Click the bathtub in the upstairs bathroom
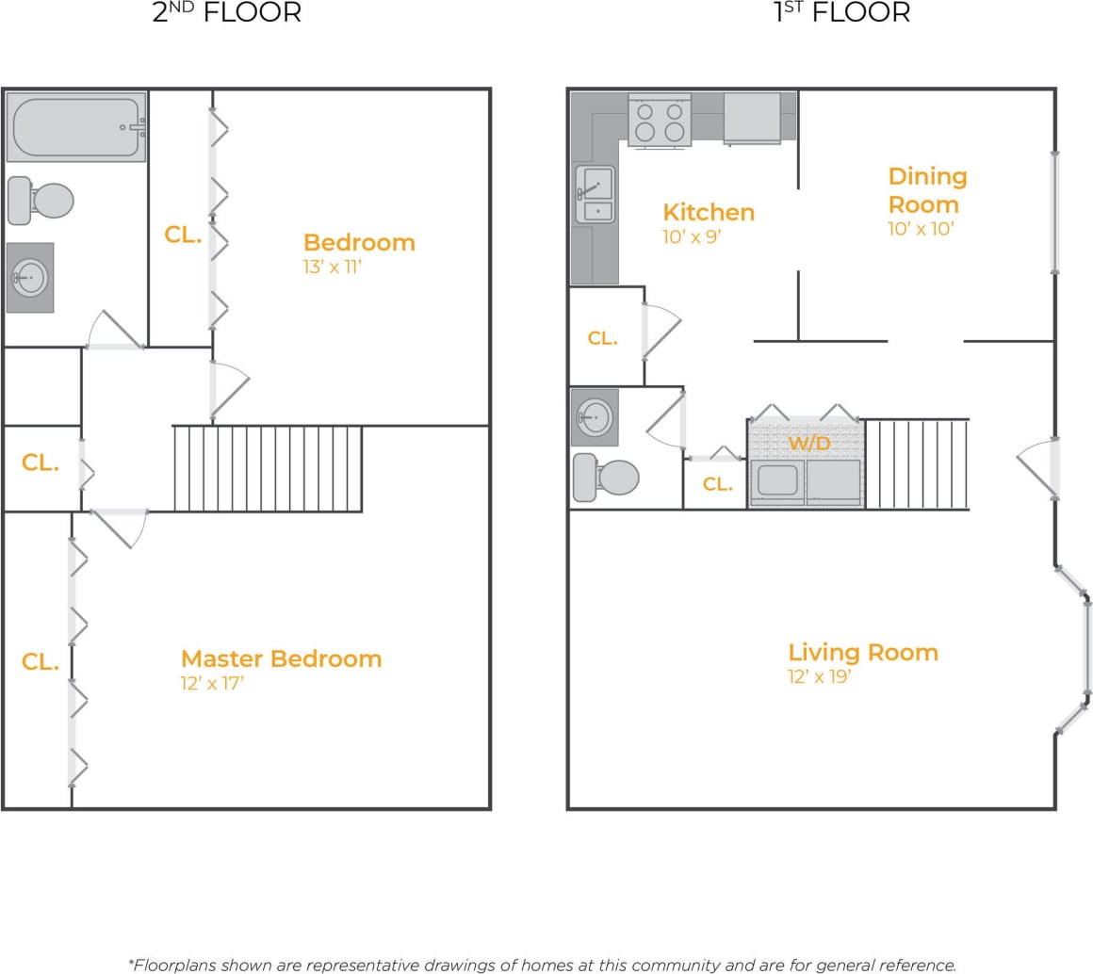coord(76,126)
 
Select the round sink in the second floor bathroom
coord(30,278)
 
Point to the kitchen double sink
coord(595,195)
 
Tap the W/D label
coord(808,443)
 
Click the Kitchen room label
coord(709,212)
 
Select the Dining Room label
coord(927,190)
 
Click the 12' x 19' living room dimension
coord(820,676)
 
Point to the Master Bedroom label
coord(281,658)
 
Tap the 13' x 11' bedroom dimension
coord(333,268)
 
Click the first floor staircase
coord(916,464)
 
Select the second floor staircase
coord(268,468)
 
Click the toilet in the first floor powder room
coord(606,478)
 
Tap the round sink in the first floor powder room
coord(595,415)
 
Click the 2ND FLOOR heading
coord(226,13)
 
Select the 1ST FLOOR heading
coord(841,13)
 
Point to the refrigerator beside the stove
coord(751,118)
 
